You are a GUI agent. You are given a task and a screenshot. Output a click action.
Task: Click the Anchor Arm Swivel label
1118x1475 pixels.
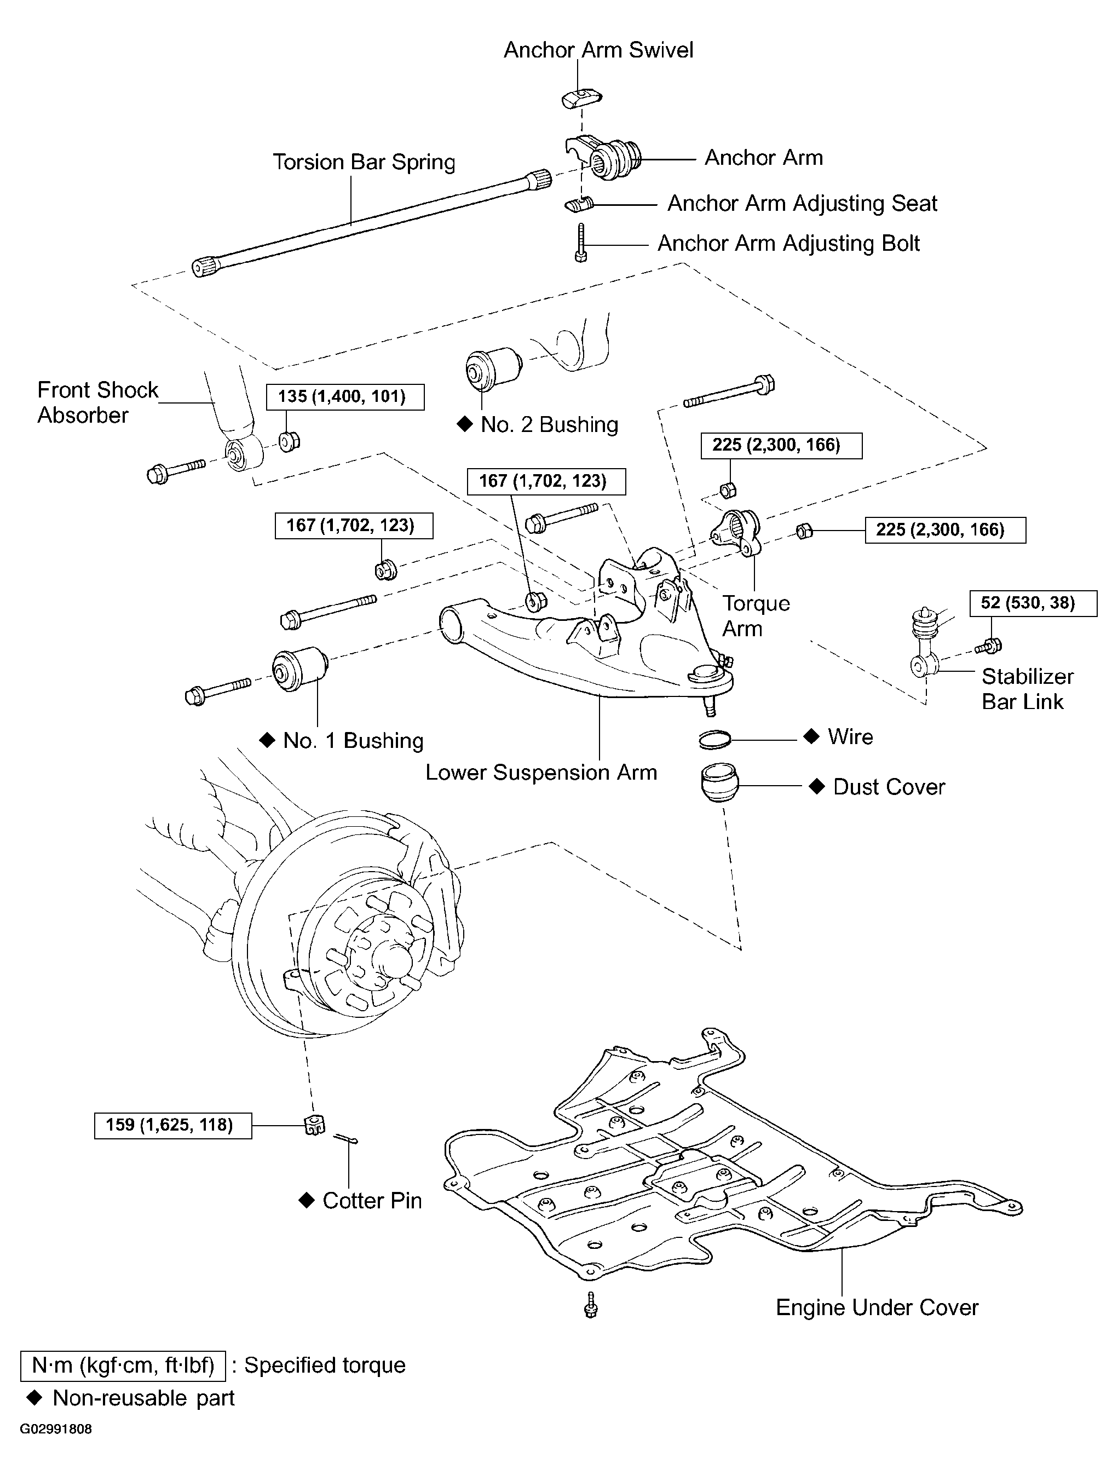coord(598,50)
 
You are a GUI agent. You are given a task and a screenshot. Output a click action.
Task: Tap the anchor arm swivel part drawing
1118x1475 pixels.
coord(581,97)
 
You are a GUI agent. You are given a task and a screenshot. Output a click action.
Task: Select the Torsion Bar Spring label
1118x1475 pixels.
coord(364,162)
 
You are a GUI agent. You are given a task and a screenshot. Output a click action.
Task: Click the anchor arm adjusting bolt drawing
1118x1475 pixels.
coord(581,243)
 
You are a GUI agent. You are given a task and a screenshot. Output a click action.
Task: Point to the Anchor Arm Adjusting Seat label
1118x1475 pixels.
coord(802,203)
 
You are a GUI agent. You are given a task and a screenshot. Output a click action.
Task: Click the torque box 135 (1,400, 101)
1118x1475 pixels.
coord(345,397)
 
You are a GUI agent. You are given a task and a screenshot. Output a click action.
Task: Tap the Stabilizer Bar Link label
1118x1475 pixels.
coord(1027,689)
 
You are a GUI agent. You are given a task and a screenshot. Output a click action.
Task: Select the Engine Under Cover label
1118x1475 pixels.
coord(877,1307)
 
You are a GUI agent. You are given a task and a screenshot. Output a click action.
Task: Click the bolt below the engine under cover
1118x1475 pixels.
coord(590,1304)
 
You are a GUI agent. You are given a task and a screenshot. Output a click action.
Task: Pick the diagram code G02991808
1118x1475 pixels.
coord(56,1429)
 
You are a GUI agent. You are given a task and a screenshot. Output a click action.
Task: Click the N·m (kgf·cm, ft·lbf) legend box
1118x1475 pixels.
coord(123,1365)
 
